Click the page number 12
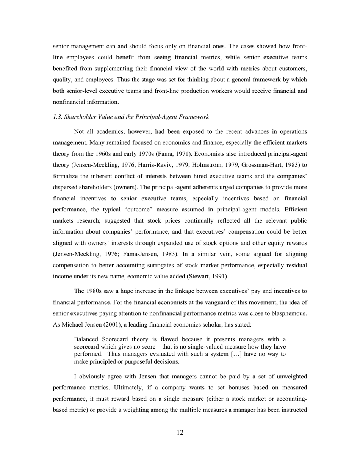180,433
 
